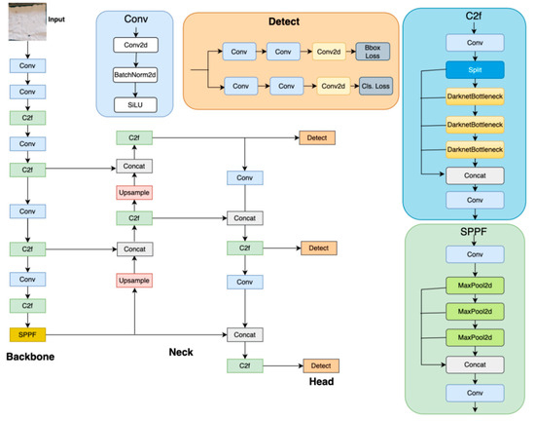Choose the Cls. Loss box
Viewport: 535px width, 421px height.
click(374, 87)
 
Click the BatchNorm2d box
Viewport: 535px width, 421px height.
click(134, 73)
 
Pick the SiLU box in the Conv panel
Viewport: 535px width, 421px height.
click(134, 105)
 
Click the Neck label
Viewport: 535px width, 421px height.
click(183, 352)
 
